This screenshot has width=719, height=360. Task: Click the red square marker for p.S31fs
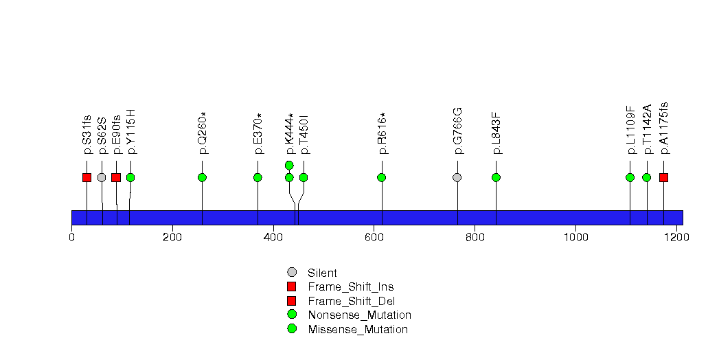87,177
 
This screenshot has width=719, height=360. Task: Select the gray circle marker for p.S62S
102,177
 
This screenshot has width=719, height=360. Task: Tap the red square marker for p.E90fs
116,177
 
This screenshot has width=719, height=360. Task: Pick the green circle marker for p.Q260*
202,177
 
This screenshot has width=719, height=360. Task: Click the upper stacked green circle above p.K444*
289,165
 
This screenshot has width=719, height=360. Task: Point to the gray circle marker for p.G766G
457,177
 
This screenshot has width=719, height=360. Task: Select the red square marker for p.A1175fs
663,177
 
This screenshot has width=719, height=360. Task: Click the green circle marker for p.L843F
496,177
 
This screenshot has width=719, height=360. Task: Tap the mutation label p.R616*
382,133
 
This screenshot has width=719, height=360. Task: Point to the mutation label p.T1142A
647,129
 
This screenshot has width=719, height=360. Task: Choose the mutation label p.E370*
258,133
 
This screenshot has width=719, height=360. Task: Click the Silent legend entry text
322,273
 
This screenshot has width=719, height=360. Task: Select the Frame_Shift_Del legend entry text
351,302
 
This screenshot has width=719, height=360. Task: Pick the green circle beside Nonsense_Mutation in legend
292,315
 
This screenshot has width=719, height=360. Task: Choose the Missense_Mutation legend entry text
358,329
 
